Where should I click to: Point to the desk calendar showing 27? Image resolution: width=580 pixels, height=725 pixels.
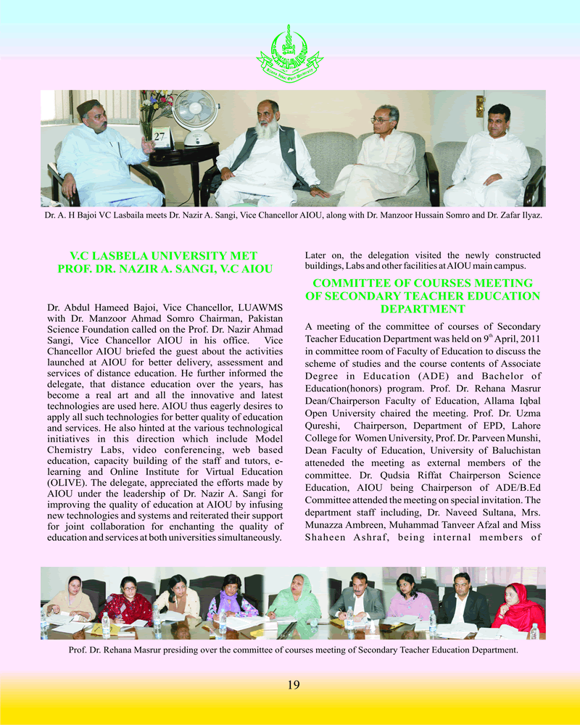point(160,137)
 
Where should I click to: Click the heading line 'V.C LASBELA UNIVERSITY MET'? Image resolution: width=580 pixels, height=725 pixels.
point(163,256)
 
